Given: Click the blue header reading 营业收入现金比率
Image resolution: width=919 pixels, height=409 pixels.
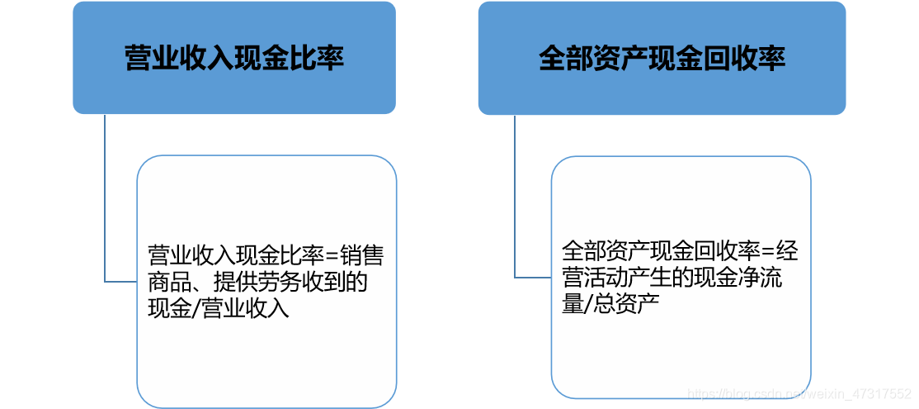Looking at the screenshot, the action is click(233, 58).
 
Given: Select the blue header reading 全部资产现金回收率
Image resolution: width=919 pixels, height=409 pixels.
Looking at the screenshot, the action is click(662, 58).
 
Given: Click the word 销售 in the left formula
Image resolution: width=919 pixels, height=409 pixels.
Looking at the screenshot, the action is click(362, 256).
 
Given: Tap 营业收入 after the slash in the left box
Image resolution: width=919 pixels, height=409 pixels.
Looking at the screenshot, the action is click(244, 309).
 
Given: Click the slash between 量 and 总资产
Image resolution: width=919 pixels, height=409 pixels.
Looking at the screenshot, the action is click(587, 303).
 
